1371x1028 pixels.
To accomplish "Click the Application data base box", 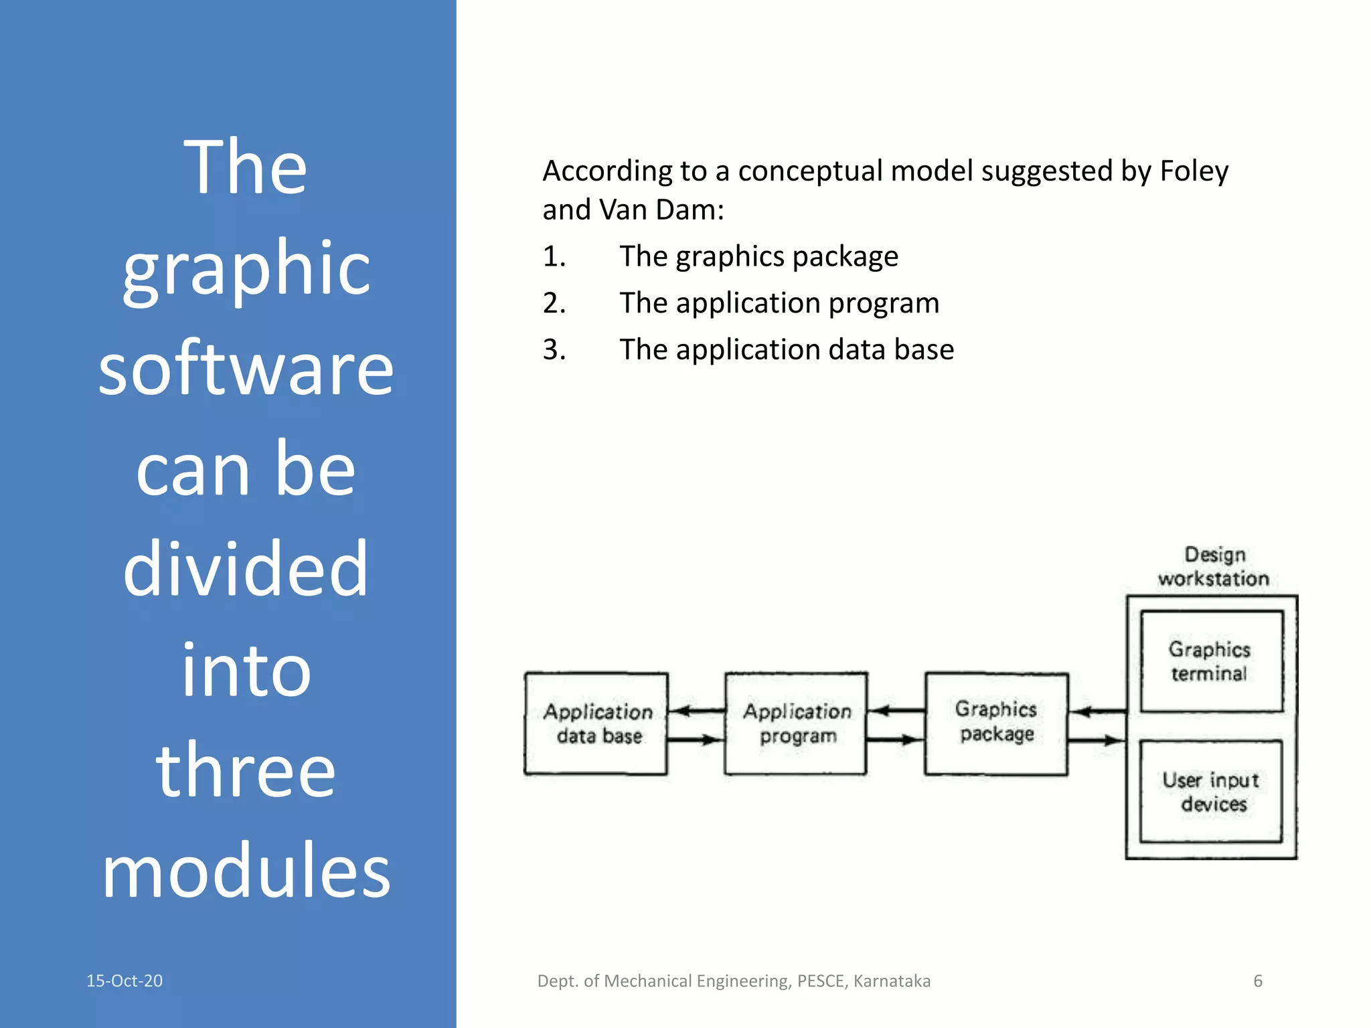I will [x=596, y=723].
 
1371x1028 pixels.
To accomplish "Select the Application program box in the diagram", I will [x=796, y=723].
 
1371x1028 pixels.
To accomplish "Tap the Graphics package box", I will [x=996, y=723].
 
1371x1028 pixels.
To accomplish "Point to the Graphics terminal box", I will [x=1211, y=661].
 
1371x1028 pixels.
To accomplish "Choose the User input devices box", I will [x=1211, y=791].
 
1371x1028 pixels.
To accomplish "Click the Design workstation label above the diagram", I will [x=1214, y=566].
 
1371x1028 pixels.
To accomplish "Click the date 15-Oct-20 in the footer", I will [x=125, y=980].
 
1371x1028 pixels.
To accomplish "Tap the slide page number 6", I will [x=1258, y=980].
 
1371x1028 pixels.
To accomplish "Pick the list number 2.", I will [x=554, y=303].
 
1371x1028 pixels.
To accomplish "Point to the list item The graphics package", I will [x=758, y=256].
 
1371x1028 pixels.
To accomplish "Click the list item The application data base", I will [x=787, y=349].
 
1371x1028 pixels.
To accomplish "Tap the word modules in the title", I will [x=246, y=871].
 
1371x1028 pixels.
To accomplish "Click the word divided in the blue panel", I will [x=246, y=570].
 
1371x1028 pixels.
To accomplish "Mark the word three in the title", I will [x=246, y=770].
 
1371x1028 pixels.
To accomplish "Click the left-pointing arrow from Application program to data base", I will [x=696, y=711].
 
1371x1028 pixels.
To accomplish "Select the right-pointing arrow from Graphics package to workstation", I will [x=1097, y=740].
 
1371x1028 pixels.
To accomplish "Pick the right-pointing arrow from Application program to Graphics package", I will [x=896, y=740].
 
